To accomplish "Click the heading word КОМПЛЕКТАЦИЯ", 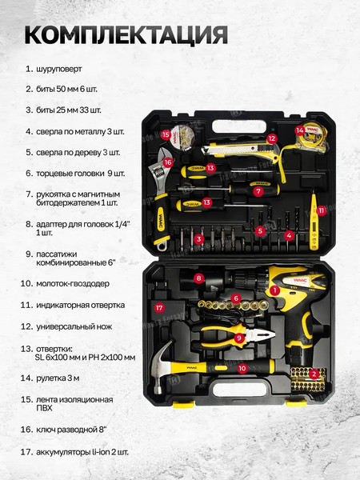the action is [126, 35].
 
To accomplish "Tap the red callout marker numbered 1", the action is [274, 290].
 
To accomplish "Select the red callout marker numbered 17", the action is [159, 307].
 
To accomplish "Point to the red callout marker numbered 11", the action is [322, 210].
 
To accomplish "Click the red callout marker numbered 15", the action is [166, 134].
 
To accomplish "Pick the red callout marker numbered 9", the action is [239, 338].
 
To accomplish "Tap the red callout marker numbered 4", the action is [289, 236].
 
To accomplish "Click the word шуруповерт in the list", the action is [59, 69].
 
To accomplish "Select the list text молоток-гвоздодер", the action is [73, 284].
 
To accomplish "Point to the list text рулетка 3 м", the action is [58, 378].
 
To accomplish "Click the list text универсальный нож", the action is [74, 327].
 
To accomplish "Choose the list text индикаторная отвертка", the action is [81, 306].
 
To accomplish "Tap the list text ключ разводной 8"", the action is [71, 430].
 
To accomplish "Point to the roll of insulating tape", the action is [182, 137].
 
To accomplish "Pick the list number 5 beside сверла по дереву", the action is [29, 153].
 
